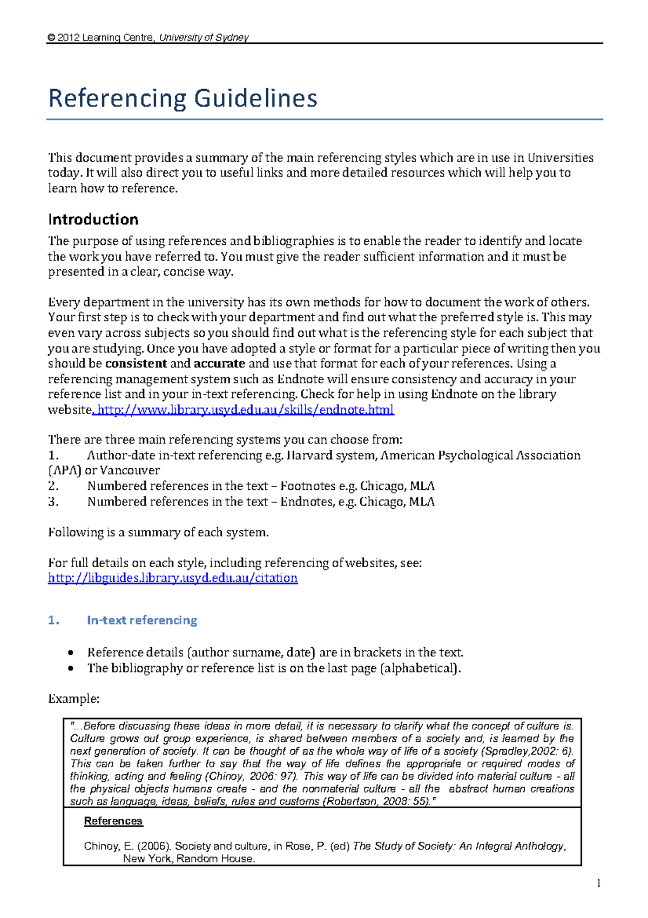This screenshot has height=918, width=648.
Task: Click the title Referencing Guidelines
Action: tap(183, 98)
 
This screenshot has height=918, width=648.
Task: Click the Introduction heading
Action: tap(93, 219)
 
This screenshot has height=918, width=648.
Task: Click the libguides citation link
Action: tap(173, 578)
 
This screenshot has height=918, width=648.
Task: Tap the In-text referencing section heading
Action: tap(141, 620)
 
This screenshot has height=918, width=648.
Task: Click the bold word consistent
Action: tap(136, 364)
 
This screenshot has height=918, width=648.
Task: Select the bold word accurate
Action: tap(219, 364)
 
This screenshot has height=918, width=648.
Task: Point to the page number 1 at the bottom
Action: tap(598, 883)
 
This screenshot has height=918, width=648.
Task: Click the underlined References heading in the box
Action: tap(113, 821)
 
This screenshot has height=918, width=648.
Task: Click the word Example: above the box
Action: tap(74, 699)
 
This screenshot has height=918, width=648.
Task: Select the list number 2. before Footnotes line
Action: tap(53, 486)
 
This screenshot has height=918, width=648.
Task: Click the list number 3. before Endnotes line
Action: tap(53, 502)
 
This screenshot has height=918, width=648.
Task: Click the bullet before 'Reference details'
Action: tap(71, 653)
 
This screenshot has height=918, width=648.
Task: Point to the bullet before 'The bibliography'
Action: tap(71, 669)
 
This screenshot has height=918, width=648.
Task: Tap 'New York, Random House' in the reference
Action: tap(188, 859)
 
